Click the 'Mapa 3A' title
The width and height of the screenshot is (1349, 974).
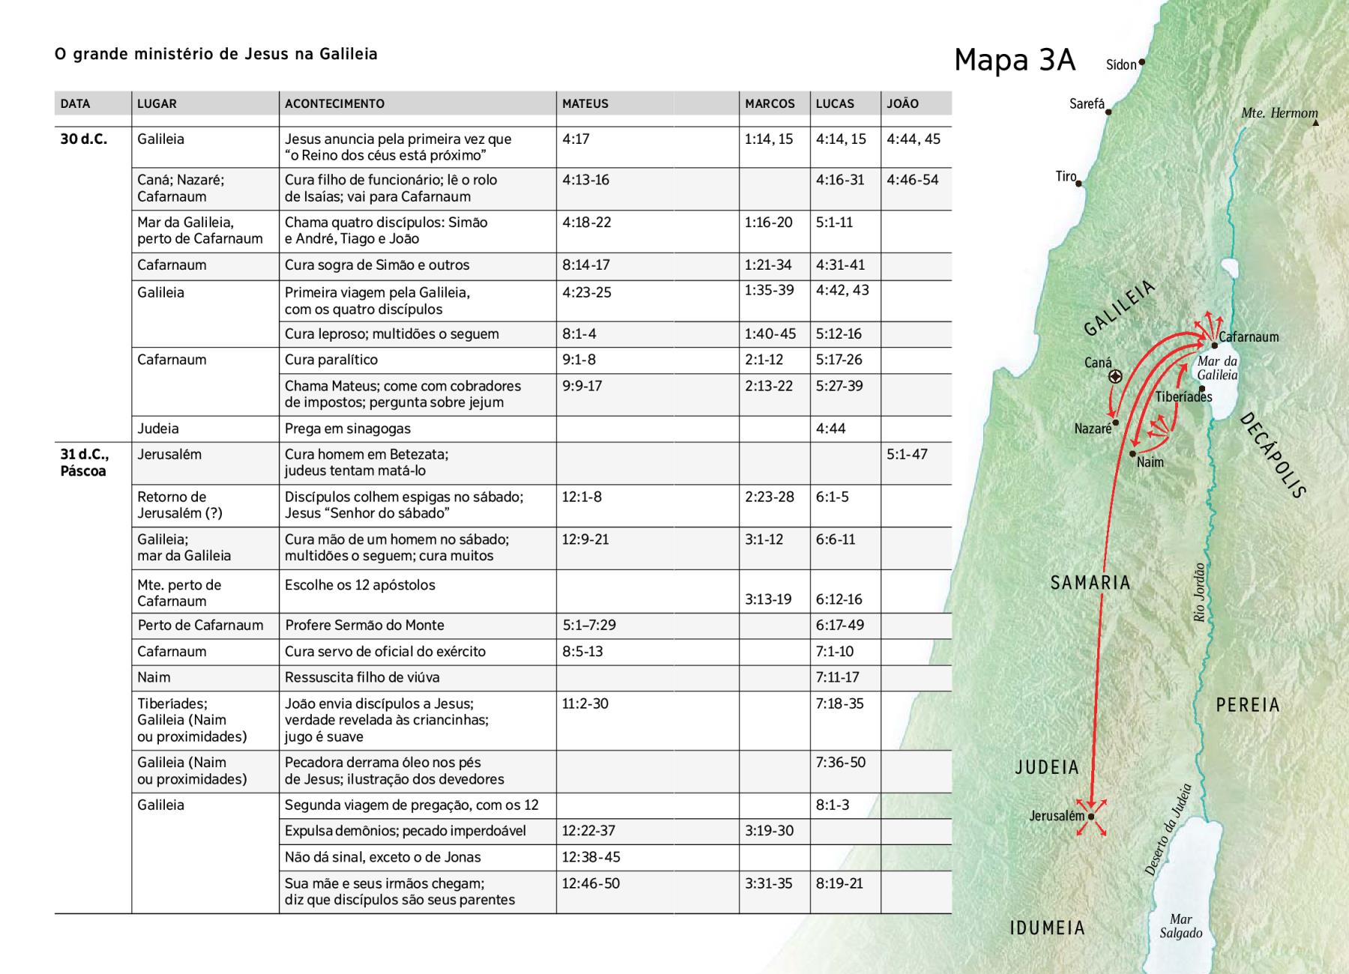[x=1015, y=60]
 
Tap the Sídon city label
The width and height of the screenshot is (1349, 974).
[x=1121, y=64]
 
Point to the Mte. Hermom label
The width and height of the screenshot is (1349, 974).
[x=1279, y=113]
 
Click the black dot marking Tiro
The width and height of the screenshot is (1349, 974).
[x=1079, y=183]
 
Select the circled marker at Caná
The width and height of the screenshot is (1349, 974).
[x=1115, y=377]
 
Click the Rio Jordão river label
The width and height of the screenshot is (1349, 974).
[x=1199, y=592]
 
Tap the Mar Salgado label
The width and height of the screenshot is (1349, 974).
[x=1180, y=926]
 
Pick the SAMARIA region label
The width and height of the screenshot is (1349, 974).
[x=1090, y=582]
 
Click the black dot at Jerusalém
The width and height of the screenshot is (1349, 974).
[x=1091, y=817]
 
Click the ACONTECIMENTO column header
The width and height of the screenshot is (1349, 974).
[x=334, y=104]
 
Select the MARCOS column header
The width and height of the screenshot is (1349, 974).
[x=770, y=104]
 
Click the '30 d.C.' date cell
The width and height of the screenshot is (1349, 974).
[x=84, y=139]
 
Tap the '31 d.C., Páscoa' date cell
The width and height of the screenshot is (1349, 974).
[x=85, y=462]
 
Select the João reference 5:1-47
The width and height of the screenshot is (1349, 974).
[x=907, y=454]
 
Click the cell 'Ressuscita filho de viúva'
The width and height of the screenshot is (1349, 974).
[x=362, y=677]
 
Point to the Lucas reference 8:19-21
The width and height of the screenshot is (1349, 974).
[x=839, y=883]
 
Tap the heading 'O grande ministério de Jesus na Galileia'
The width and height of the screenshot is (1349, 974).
[x=216, y=54]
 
